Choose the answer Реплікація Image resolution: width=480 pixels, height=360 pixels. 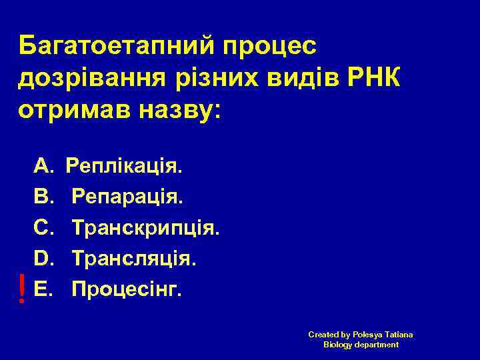click(123, 165)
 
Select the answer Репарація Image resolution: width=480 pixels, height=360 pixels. click(127, 196)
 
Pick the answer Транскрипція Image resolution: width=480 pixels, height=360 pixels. click(145, 228)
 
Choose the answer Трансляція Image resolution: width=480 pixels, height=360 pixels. click(134, 258)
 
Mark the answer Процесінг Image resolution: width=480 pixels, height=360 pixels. click(126, 290)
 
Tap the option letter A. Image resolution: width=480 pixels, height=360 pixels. click(43, 164)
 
